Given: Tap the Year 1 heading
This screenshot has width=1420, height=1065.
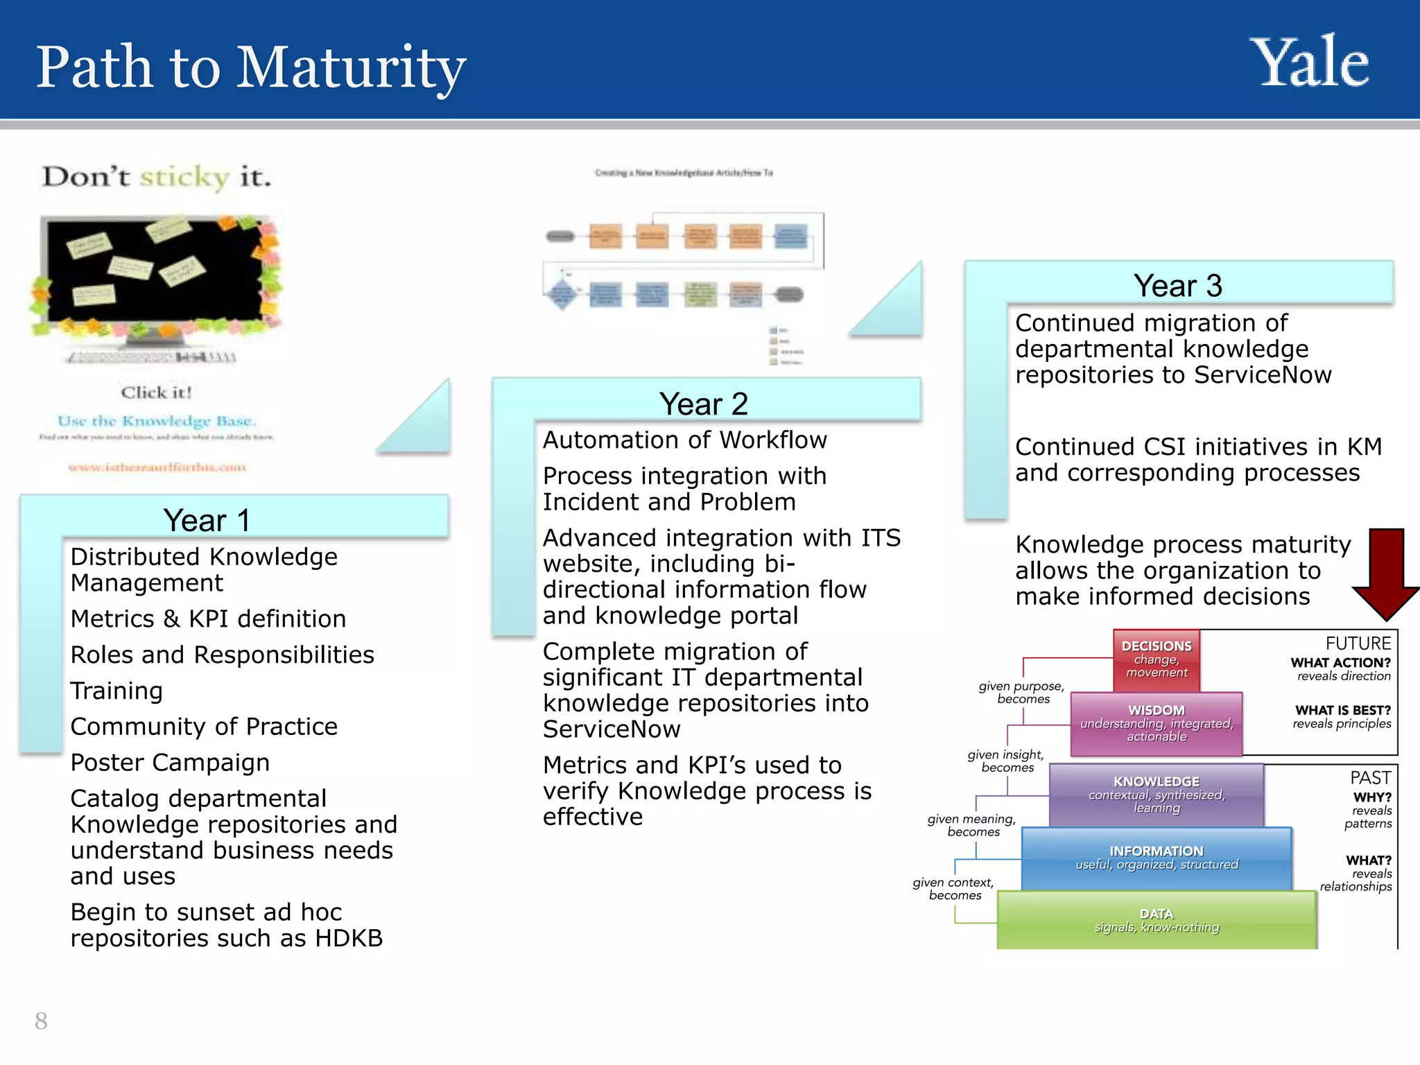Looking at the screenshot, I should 207,520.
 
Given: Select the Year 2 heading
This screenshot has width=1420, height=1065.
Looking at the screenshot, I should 703,404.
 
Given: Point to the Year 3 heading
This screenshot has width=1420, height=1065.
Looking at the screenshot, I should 1177,286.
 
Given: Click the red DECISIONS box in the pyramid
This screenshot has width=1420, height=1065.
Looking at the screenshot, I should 1156,659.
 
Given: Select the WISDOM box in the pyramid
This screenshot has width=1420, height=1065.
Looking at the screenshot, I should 1156,724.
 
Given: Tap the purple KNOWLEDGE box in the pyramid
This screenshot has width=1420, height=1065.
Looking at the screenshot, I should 1156,795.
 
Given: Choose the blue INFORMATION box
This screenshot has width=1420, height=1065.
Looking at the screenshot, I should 1156,858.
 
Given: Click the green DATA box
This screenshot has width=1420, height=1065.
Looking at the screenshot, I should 1156,920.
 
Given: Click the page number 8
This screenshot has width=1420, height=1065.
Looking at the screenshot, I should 41,1021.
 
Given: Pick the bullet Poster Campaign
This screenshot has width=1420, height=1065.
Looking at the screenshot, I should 170,763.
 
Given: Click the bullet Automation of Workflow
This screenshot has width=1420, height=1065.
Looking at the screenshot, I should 684,440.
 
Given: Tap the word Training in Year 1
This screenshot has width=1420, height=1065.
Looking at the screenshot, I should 116,691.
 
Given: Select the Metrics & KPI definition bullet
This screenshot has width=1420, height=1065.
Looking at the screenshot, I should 208,618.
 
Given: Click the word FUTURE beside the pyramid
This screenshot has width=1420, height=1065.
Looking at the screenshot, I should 1358,643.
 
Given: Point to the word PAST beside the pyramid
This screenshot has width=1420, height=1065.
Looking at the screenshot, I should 1370,777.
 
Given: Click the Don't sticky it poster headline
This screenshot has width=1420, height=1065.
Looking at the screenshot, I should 157,177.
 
